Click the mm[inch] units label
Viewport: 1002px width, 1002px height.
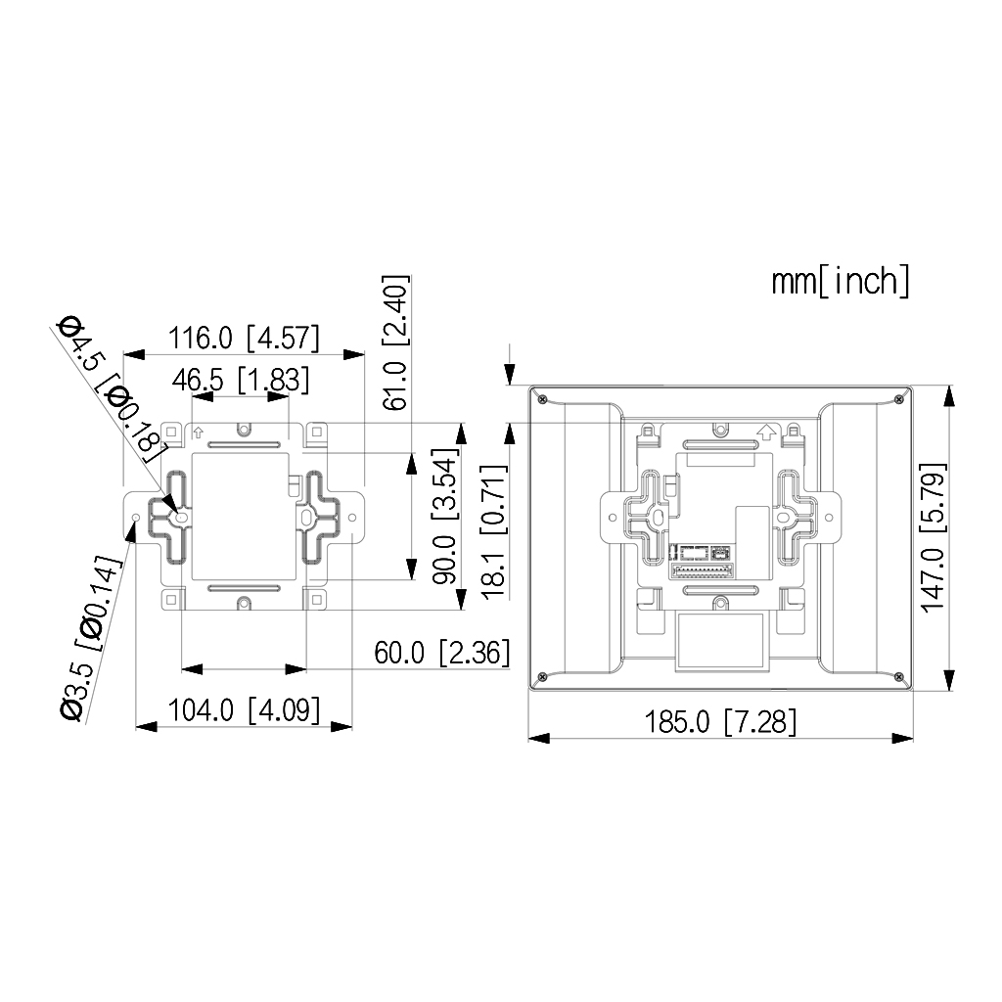(x=841, y=281)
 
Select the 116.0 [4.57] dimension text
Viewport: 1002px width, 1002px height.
(x=244, y=339)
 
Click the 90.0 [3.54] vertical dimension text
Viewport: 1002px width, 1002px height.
(x=446, y=519)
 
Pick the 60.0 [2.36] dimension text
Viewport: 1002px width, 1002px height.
(x=442, y=653)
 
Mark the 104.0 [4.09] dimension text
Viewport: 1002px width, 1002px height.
(x=244, y=709)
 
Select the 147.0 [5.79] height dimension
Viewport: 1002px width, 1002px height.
(x=934, y=538)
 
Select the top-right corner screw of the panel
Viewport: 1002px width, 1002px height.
(x=898, y=399)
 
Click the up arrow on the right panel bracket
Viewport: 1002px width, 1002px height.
(x=767, y=431)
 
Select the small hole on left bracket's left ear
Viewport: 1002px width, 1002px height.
(x=136, y=516)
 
